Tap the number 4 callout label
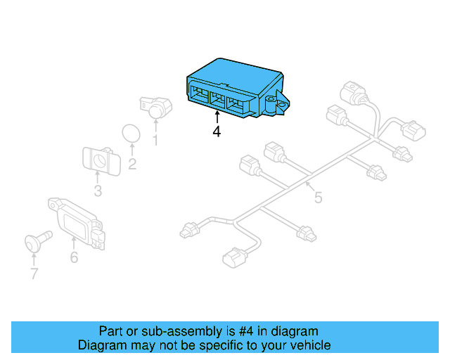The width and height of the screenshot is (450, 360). click(x=217, y=131)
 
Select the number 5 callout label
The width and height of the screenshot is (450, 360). click(x=318, y=198)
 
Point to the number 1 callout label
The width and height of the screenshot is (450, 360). click(x=155, y=141)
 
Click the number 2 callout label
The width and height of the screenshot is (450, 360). click(x=131, y=165)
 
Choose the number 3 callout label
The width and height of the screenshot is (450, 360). click(x=98, y=191)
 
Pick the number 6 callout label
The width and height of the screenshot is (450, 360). click(x=74, y=257)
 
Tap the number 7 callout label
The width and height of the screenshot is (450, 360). click(x=34, y=274)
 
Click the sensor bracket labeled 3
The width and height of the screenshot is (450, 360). click(x=98, y=160)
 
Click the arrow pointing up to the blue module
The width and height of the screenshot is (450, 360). click(x=217, y=116)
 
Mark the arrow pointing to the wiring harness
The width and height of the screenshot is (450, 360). click(x=309, y=187)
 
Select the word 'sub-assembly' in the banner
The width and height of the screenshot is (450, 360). click(x=165, y=331)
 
